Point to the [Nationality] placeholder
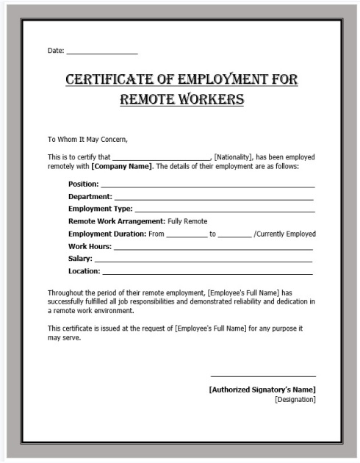234,157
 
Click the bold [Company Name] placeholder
122,166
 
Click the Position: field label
84,184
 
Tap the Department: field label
90,196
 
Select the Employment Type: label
101,209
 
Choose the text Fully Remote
187,221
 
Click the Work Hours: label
90,246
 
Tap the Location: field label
84,271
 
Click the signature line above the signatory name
263,376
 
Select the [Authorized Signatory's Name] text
262,390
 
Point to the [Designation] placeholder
295,400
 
